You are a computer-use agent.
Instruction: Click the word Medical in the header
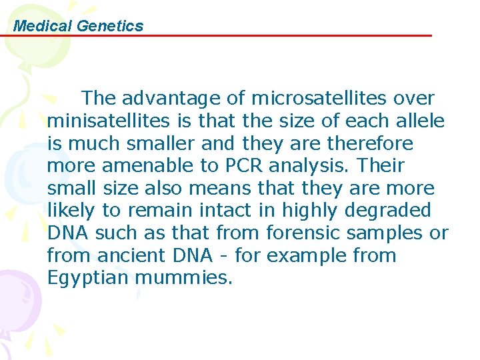(43, 26)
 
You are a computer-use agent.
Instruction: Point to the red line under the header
(220, 35)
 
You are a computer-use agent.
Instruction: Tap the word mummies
(184, 278)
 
